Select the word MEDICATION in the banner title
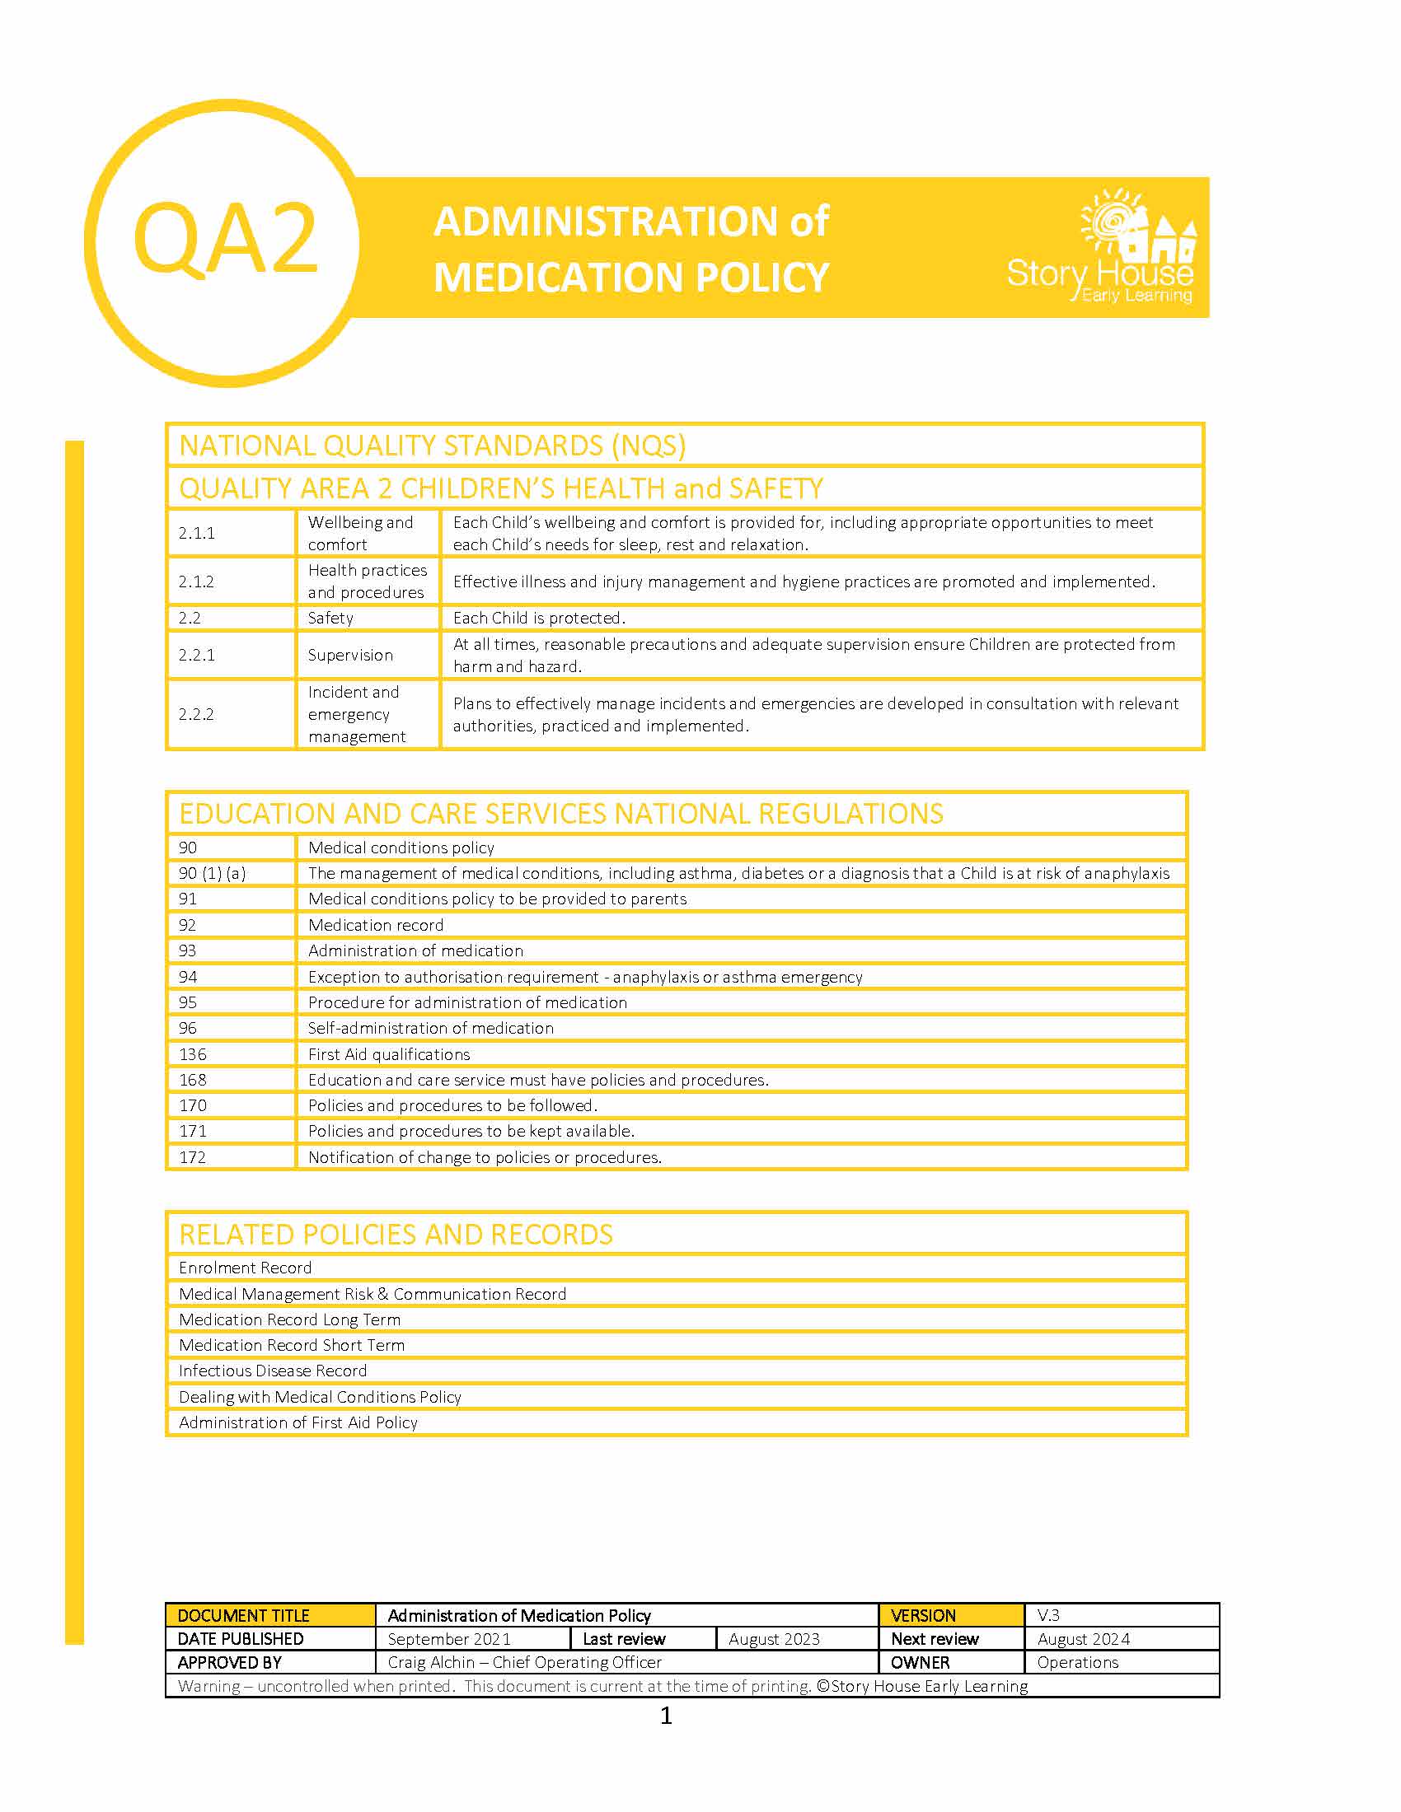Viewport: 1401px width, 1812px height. coord(560,277)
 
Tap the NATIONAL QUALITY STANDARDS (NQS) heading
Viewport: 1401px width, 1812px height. coord(433,446)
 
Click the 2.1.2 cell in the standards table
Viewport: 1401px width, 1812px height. coord(197,581)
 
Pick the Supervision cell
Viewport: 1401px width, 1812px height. coord(350,655)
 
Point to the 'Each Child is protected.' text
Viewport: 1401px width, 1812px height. coord(539,618)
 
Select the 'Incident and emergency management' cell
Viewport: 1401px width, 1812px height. coord(357,714)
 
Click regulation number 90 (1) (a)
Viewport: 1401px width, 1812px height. coord(213,873)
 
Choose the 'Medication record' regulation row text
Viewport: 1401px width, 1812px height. coord(375,925)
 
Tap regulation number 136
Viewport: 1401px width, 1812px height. coord(193,1053)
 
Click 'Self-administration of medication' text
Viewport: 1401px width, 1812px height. coord(430,1028)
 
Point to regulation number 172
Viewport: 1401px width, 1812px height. coord(193,1156)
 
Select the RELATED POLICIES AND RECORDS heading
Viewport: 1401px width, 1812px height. coord(396,1235)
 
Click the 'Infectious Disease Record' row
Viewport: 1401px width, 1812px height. coord(272,1371)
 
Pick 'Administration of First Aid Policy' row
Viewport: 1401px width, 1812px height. coord(298,1422)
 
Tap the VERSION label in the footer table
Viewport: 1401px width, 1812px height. coord(923,1615)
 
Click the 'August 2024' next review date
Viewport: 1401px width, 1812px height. coord(1083,1638)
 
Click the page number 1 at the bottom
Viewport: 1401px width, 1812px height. coord(666,1716)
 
